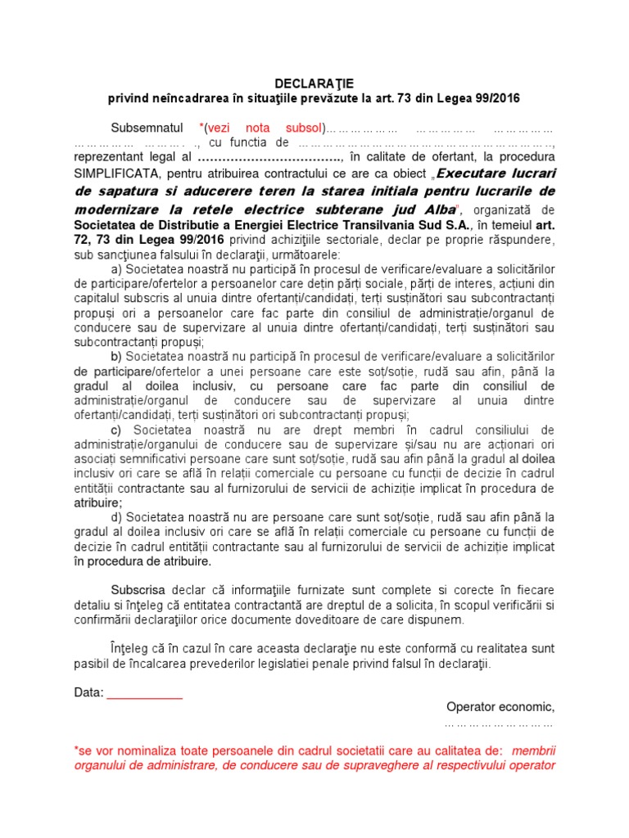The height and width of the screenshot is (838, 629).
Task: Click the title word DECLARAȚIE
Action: tap(314, 83)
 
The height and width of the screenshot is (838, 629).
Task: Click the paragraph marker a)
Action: tap(115, 270)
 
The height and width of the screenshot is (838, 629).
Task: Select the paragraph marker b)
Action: tap(115, 356)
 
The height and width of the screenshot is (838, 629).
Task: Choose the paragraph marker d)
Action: tap(115, 517)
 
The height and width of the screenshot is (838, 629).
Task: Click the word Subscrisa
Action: tap(138, 590)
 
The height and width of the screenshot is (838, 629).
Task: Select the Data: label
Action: tap(88, 692)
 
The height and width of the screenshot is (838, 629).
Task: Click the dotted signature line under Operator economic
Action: tap(499, 723)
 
